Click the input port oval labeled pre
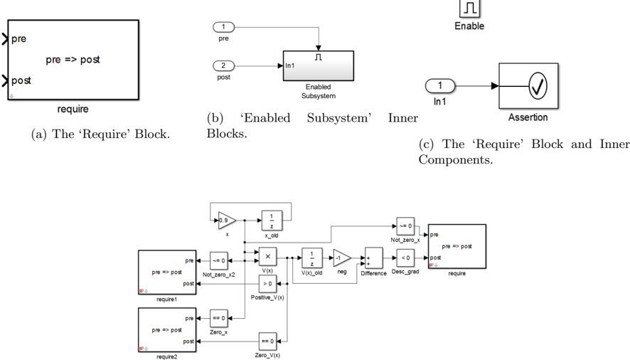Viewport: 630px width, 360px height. click(224, 28)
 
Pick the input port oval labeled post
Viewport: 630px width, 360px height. click(224, 66)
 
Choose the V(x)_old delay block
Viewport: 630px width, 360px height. click(312, 258)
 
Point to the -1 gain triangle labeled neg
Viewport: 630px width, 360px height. click(342, 258)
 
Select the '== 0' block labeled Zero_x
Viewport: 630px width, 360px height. click(218, 319)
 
